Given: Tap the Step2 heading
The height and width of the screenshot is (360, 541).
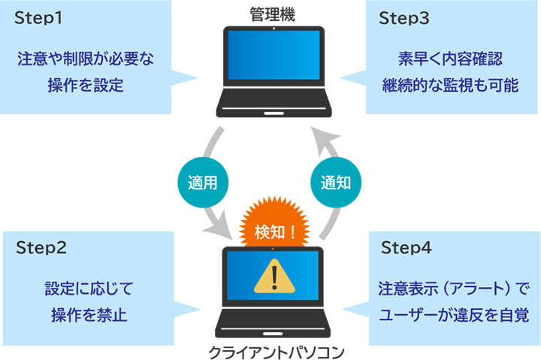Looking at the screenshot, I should click(x=41, y=247).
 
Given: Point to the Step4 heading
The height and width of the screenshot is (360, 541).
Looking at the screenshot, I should click(x=407, y=247).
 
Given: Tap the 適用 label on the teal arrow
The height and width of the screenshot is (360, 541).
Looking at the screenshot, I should click(x=201, y=183).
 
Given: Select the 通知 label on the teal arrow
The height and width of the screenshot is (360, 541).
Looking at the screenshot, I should click(x=336, y=183).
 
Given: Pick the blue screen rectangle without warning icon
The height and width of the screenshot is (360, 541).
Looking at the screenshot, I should click(x=274, y=55).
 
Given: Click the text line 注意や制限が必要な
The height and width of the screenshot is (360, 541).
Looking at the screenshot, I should click(x=85, y=59).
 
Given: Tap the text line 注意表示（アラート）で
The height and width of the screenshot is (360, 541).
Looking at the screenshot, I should click(x=454, y=288).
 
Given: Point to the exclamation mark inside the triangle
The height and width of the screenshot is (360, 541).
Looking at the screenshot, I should click(x=274, y=277).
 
